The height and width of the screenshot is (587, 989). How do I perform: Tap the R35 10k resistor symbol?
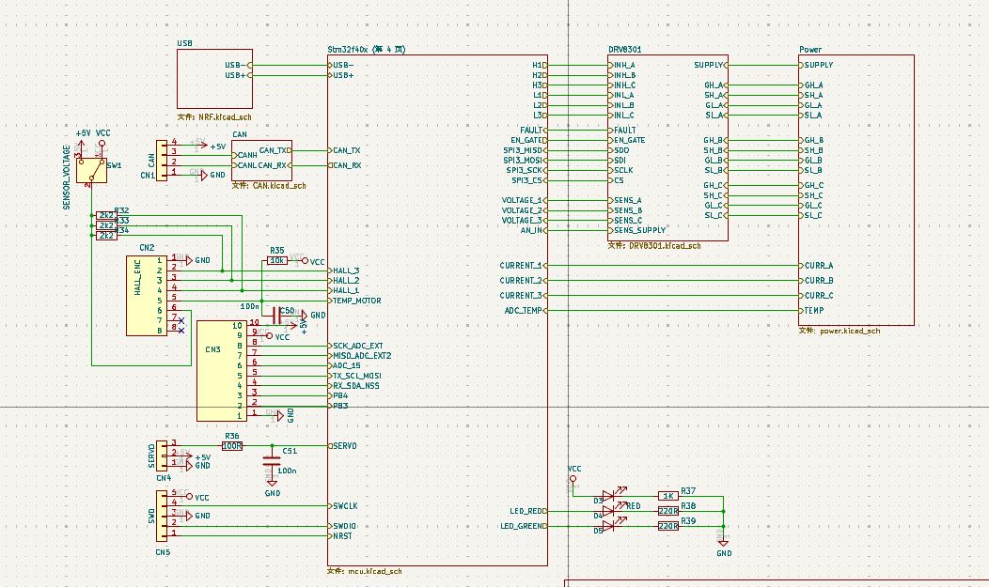[x=277, y=260]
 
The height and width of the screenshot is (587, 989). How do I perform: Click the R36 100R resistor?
[x=232, y=445]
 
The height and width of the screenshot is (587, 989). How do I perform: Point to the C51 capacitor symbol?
[x=272, y=460]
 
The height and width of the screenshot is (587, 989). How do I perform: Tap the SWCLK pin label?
[x=345, y=505]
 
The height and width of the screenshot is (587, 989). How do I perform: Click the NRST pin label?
[x=341, y=535]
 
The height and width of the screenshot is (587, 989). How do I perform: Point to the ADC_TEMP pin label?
[x=523, y=310]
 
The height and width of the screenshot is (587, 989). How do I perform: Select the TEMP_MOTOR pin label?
[x=356, y=301]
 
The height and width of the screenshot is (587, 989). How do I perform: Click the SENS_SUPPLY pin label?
[x=640, y=230]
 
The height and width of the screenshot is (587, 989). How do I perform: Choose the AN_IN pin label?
[x=531, y=230]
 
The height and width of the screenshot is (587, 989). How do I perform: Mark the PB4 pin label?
[x=339, y=395]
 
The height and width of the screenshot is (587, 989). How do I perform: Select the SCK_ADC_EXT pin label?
[x=358, y=346]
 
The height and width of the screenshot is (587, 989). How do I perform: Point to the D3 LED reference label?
[x=598, y=501]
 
